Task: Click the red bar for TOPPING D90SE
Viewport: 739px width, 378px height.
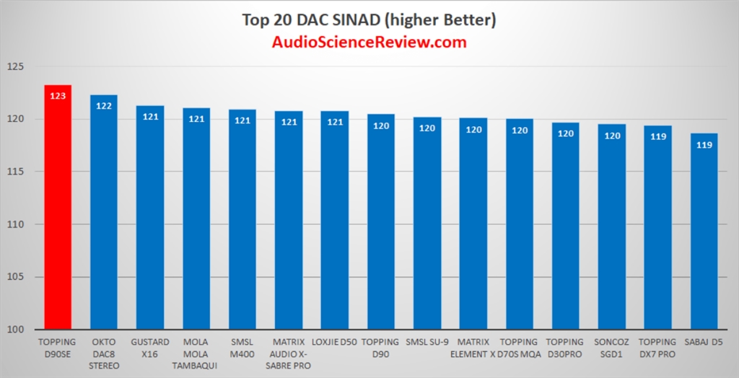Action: coord(58,216)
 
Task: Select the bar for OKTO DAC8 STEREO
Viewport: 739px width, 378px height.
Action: coord(104,216)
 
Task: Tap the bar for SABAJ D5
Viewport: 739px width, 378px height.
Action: coord(704,231)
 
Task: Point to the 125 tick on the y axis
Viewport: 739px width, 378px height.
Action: coord(15,66)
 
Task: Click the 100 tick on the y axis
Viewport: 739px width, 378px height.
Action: coord(15,330)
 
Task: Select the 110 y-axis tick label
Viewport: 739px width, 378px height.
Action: coord(15,224)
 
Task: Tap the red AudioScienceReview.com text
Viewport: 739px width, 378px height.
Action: coord(369,42)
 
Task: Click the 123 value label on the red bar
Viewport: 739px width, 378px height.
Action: coord(58,95)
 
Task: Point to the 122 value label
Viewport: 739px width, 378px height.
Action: coord(104,105)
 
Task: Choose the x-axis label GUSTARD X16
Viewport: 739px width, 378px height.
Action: coord(150,348)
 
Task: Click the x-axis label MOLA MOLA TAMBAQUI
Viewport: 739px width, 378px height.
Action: coord(196,353)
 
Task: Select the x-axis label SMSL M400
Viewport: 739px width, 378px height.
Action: coord(242,348)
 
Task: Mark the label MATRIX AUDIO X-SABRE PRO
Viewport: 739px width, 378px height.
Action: coord(289,353)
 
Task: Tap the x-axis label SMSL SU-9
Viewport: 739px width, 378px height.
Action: coord(427,342)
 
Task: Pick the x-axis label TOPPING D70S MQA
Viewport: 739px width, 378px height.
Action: coord(520,348)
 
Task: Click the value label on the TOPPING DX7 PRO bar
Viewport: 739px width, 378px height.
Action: coord(658,136)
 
